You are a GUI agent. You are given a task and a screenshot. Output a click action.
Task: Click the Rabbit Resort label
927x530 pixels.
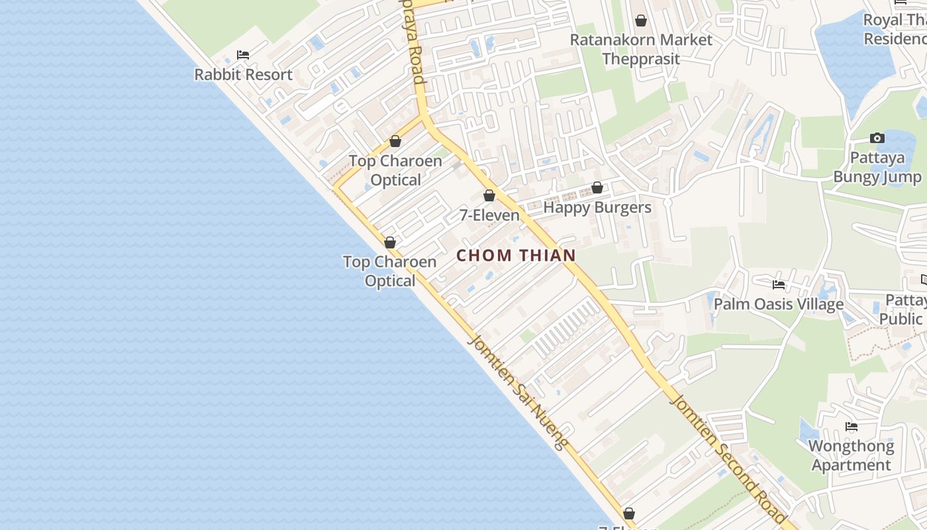[243, 74]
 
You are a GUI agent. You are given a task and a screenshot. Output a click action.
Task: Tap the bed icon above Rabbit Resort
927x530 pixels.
[243, 55]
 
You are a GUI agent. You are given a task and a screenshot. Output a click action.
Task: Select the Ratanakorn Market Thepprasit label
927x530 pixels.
[641, 49]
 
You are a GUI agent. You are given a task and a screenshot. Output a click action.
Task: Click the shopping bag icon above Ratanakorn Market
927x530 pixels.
[640, 21]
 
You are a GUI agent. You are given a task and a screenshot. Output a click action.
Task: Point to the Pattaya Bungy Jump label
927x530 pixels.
[877, 168]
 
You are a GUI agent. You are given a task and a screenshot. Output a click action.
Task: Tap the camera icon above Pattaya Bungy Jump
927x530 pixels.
[877, 138]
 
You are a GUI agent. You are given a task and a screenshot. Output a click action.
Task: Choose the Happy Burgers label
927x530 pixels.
[597, 207]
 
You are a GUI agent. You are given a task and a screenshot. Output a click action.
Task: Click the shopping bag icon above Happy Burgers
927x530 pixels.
[597, 187]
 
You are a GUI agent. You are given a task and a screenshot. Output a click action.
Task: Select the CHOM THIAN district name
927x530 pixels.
[516, 255]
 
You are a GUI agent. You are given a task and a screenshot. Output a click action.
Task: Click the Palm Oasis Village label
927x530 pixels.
[778, 304]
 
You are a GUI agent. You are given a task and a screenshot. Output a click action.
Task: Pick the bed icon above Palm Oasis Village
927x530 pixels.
[779, 285]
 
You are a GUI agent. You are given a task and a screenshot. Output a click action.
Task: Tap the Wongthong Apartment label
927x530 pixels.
[851, 455]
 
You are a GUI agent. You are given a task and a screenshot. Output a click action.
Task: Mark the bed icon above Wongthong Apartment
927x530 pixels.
[852, 427]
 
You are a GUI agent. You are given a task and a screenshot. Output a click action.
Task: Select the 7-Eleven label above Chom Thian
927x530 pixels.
[489, 215]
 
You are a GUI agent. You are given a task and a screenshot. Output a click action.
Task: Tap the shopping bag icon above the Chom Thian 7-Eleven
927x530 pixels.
[489, 195]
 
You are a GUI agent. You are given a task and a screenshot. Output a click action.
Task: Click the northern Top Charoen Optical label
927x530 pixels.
[395, 170]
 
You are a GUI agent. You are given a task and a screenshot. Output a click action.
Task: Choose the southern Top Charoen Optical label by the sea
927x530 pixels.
[390, 271]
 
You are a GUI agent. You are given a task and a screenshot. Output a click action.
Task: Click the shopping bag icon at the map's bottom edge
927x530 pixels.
[629, 513]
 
